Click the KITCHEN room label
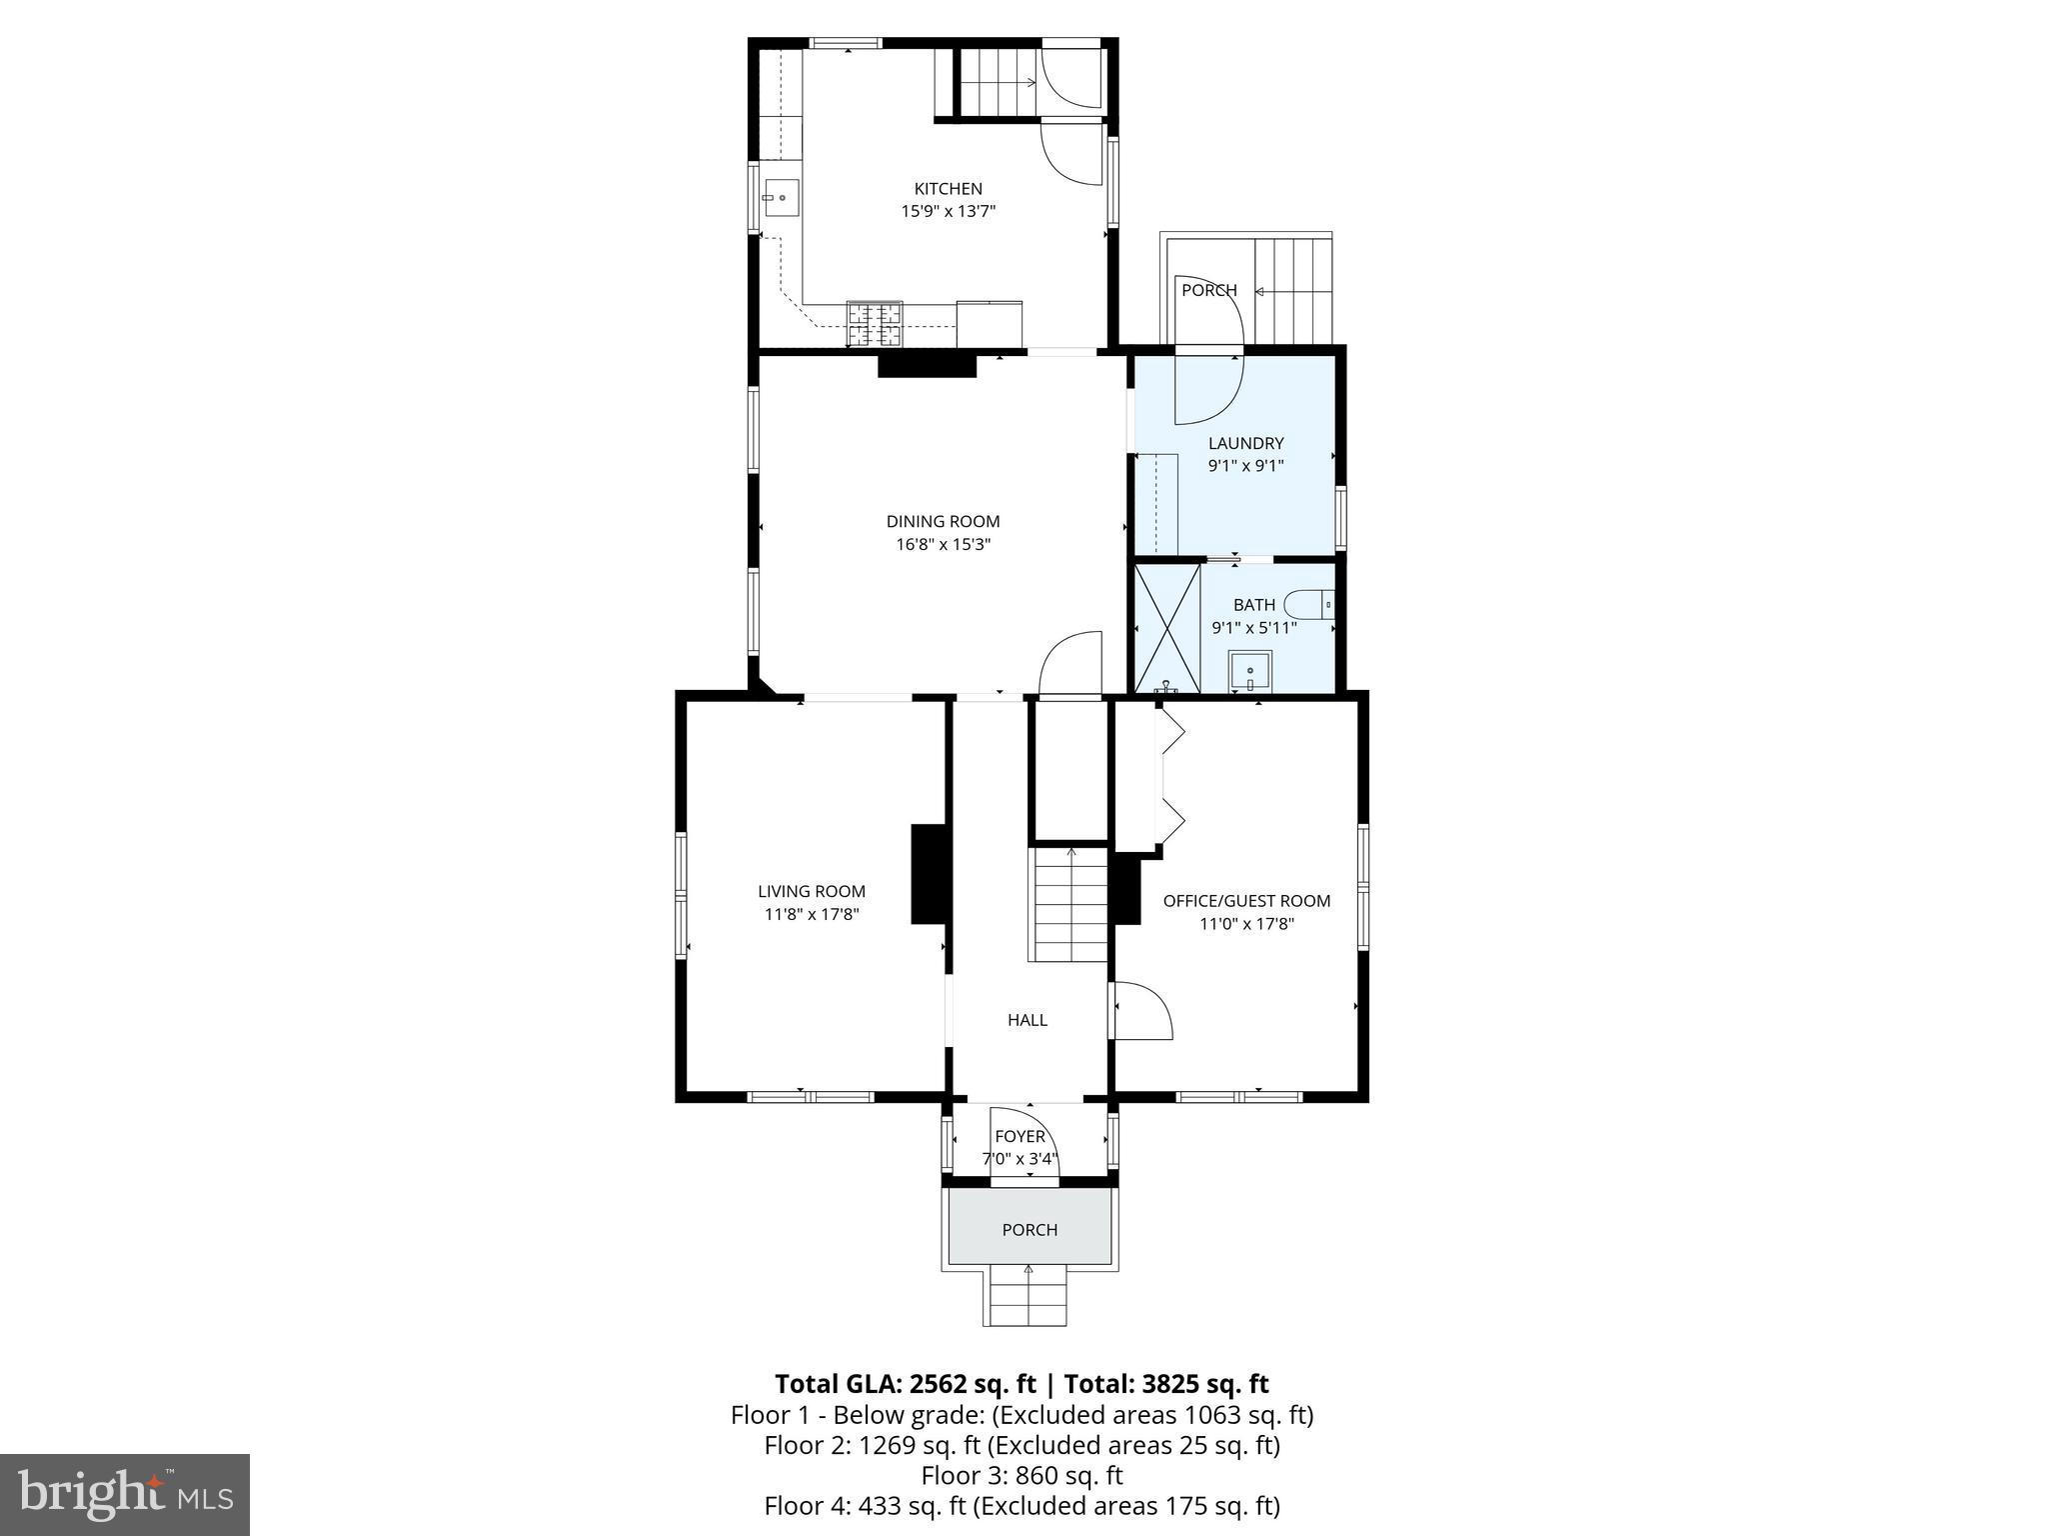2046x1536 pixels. (948, 188)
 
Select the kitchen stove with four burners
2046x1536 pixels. (875, 323)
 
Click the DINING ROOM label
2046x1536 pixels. (943, 521)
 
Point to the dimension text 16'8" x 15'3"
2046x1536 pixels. (943, 545)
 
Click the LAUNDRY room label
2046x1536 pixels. (1245, 443)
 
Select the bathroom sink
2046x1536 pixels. (1249, 671)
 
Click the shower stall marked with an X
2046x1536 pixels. (1166, 627)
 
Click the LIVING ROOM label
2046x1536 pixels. (811, 891)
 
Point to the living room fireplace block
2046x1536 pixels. (929, 874)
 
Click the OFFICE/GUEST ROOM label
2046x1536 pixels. (1246, 900)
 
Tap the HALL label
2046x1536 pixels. (1026, 1020)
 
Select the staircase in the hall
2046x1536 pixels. (1069, 905)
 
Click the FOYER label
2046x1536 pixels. (1020, 1136)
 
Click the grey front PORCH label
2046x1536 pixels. (1029, 1230)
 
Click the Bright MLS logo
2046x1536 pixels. (125, 1495)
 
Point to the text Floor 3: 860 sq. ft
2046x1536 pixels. (1022, 1475)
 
